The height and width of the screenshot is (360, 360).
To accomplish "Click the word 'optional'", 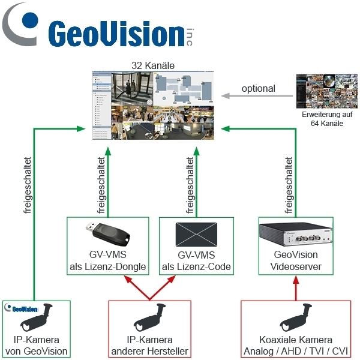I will pyautogui.click(x=258, y=88).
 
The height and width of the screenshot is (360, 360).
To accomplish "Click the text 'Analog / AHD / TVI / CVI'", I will pyautogui.click(x=298, y=351).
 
